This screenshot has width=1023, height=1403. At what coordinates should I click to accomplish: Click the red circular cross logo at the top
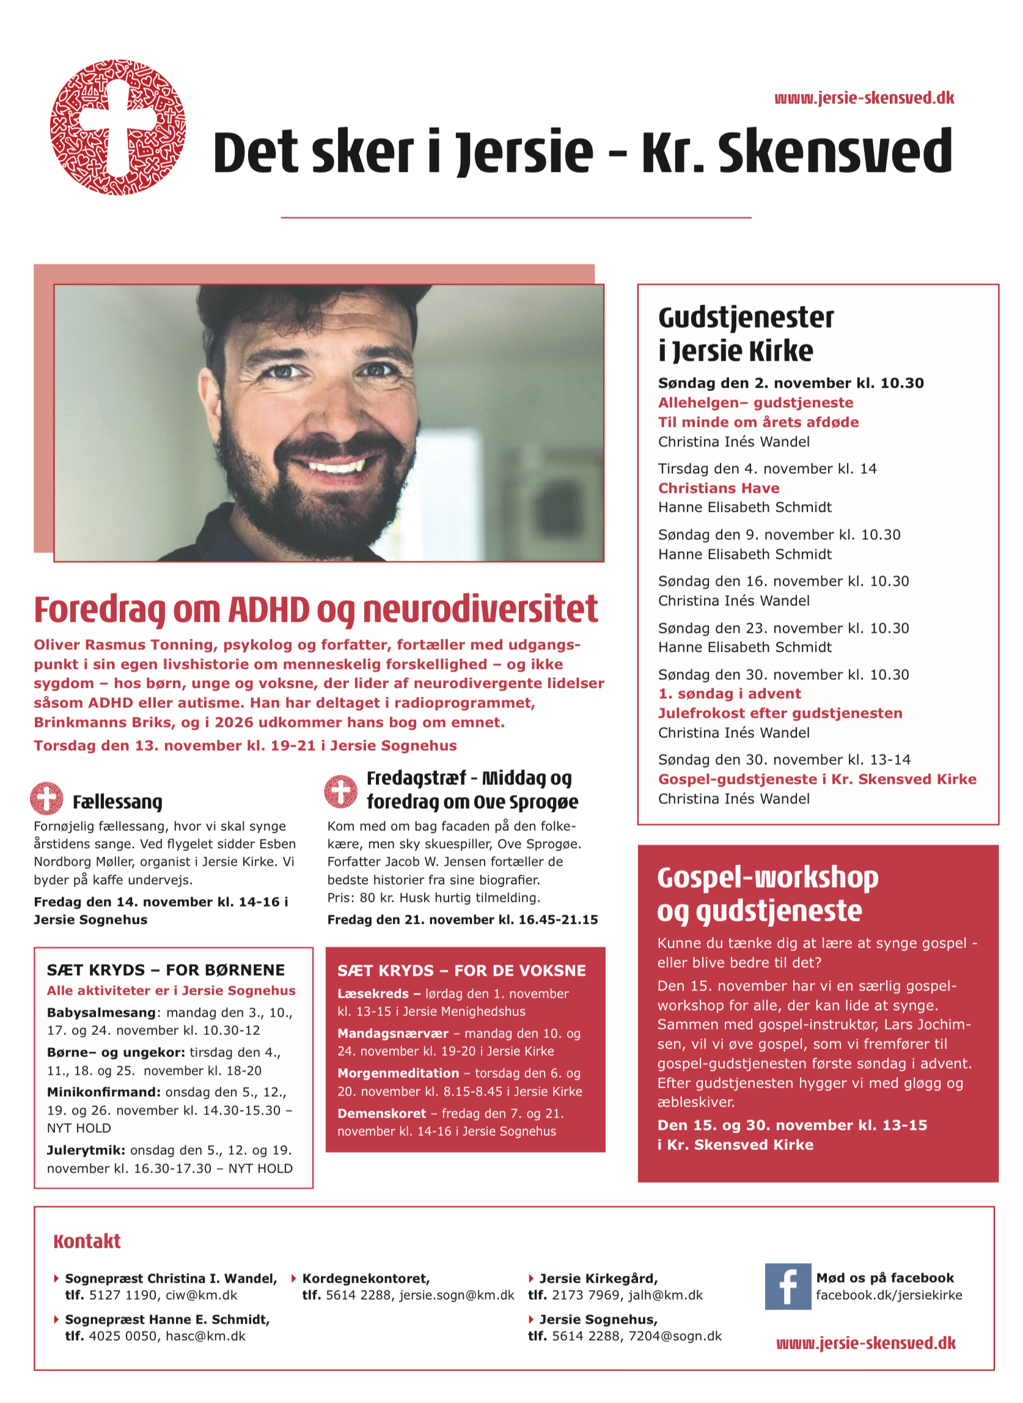tap(118, 127)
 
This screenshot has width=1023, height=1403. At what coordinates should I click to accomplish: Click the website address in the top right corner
tap(864, 98)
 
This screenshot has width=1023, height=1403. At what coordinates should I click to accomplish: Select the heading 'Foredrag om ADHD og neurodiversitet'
tap(316, 609)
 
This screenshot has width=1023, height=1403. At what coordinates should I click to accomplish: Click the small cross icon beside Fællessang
tap(46, 798)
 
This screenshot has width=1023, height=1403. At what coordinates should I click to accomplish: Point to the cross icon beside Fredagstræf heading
tap(340, 791)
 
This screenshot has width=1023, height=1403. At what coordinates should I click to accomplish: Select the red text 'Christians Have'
tap(718, 488)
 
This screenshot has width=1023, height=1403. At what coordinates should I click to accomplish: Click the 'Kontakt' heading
tap(87, 1242)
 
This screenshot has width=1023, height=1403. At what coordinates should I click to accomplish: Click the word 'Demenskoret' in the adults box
tap(381, 1113)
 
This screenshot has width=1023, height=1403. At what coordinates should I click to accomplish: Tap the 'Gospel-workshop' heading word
tap(768, 878)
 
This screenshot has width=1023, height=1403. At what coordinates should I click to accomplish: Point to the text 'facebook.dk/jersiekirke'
tap(889, 1295)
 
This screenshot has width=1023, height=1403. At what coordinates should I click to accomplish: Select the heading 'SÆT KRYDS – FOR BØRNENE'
tap(166, 970)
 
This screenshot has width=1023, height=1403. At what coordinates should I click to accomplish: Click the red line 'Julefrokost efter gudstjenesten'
tap(780, 713)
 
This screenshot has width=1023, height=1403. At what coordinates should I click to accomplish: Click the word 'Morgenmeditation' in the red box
tap(398, 1073)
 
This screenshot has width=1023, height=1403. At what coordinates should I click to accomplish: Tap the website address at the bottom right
tap(866, 1343)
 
